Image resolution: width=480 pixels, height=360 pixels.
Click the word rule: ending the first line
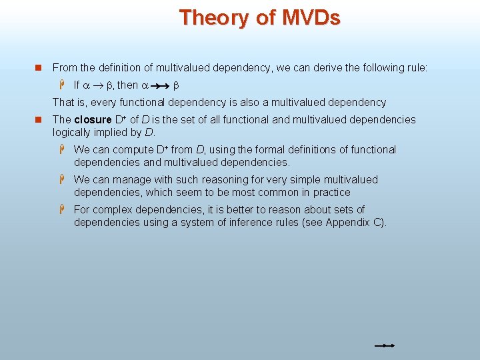click(415, 67)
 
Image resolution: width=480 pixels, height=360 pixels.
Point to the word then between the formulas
click(127, 85)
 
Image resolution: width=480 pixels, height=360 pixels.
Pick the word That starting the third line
click(64, 103)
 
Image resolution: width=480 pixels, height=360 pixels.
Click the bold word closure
click(93, 120)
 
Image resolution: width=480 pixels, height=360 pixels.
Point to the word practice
click(330, 192)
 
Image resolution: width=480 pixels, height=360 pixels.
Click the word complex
click(112, 210)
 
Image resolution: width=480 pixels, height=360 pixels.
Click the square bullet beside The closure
click(39, 120)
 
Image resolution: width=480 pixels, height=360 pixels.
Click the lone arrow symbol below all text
click(385, 346)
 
